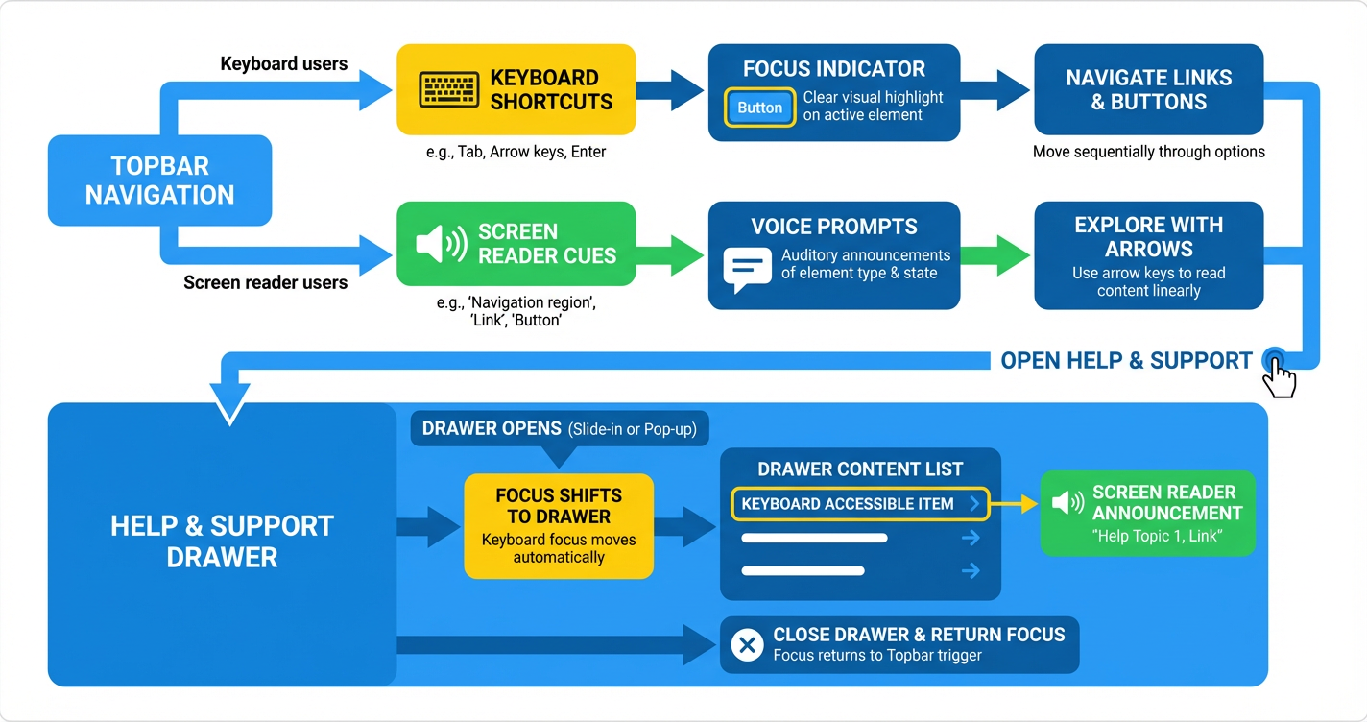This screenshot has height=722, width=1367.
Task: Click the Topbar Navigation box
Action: (x=159, y=180)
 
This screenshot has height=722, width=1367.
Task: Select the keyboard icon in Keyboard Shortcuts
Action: (x=449, y=89)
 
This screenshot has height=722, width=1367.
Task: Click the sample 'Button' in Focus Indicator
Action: (x=759, y=108)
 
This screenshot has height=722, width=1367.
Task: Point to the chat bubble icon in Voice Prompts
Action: (x=747, y=269)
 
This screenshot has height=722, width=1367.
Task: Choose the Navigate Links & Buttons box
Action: (x=1148, y=89)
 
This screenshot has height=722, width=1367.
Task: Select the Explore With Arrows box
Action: (x=1148, y=255)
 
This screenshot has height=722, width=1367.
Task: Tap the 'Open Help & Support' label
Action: (x=1126, y=361)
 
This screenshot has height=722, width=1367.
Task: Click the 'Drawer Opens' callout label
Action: (x=559, y=428)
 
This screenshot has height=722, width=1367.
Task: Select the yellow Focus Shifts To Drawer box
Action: (x=559, y=526)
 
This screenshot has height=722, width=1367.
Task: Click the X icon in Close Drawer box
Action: (x=746, y=645)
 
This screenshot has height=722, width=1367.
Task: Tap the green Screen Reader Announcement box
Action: (x=1148, y=514)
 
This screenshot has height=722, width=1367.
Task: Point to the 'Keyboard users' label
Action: (x=284, y=64)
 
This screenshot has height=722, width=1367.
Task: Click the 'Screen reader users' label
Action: (x=266, y=282)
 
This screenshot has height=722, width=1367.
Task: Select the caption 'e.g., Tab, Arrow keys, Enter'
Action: (x=516, y=152)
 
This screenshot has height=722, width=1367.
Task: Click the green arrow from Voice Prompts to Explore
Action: (x=995, y=255)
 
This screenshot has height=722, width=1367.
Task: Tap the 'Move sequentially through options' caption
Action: (x=1148, y=152)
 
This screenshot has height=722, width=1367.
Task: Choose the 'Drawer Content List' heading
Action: (x=860, y=469)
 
